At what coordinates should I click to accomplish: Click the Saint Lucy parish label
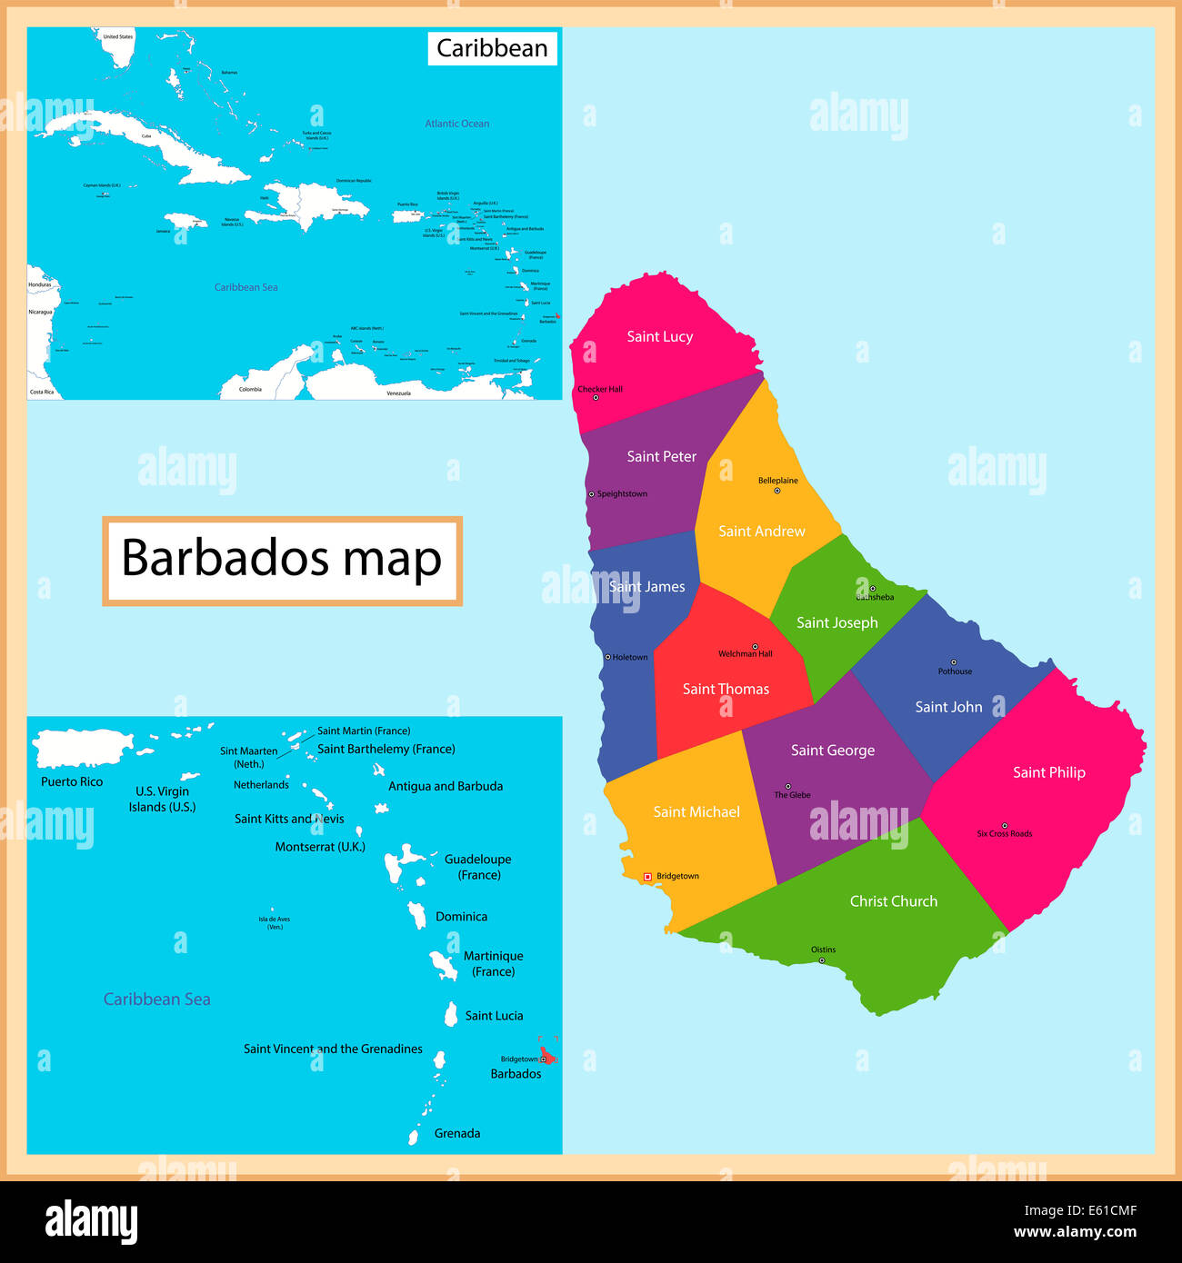659,337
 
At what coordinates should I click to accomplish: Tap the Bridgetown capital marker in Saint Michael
647,877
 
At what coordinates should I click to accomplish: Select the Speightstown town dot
591,494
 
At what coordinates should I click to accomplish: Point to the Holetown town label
630,658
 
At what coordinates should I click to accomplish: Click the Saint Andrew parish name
761,532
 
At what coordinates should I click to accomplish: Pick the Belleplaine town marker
776,491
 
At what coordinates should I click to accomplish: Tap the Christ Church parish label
893,901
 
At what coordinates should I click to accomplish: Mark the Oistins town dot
821,960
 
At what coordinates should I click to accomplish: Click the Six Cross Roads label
1004,834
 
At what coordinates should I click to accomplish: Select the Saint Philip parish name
1048,772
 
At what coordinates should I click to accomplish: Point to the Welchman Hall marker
755,647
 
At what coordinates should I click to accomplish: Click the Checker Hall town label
600,390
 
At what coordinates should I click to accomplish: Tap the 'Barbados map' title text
282,559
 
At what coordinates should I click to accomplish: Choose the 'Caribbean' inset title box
492,48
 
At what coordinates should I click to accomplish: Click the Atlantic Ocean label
456,124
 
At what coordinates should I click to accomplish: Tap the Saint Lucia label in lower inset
494,1016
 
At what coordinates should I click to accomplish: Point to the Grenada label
457,1134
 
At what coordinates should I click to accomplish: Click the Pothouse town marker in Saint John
953,662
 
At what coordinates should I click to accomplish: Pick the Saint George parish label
832,751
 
